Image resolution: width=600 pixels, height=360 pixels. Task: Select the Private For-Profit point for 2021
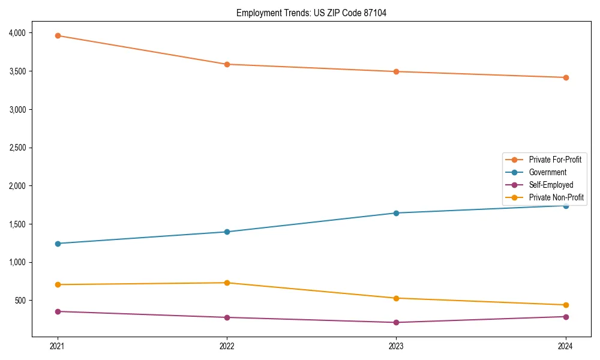point(58,35)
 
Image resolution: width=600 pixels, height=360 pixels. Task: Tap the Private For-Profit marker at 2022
point(227,64)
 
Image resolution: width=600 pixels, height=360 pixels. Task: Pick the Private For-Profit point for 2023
point(396,71)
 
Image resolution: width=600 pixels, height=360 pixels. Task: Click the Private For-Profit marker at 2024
point(566,77)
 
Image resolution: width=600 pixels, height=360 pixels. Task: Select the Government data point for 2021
point(58,244)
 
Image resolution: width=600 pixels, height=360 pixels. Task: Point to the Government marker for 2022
point(227,232)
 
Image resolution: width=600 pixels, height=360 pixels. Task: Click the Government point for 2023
point(396,213)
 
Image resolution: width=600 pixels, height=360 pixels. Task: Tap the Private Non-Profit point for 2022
point(227,283)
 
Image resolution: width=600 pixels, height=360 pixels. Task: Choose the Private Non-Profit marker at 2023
point(396,298)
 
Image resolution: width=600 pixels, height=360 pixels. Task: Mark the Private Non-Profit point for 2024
point(566,305)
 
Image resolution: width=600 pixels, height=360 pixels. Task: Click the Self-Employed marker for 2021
point(58,311)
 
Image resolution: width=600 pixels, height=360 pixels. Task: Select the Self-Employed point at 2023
point(396,322)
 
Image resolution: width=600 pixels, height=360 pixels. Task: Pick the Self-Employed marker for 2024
point(566,317)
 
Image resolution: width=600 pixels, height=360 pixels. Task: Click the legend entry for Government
point(547,172)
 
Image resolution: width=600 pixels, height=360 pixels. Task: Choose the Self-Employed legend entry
point(551,185)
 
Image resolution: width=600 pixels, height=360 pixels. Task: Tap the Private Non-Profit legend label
point(556,197)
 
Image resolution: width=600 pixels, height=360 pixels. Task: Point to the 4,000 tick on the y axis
point(25,32)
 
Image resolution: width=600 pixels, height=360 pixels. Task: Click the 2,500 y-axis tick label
point(25,148)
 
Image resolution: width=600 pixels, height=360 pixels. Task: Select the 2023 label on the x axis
point(396,346)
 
